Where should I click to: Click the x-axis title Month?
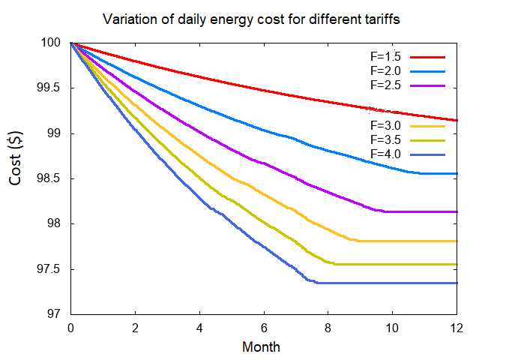(x=261, y=347)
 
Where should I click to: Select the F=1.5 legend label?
(x=386, y=56)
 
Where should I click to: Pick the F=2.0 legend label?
(x=386, y=70)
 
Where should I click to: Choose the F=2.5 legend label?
(x=386, y=85)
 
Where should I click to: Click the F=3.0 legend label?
(x=386, y=125)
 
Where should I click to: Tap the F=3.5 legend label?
(x=386, y=139)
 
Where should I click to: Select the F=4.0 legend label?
(x=386, y=154)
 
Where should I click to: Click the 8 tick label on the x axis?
(x=328, y=328)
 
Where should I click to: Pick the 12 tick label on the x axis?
(x=457, y=328)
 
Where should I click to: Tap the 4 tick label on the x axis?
(x=199, y=328)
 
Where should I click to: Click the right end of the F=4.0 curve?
(x=457, y=283)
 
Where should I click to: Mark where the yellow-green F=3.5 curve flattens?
(x=334, y=264)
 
